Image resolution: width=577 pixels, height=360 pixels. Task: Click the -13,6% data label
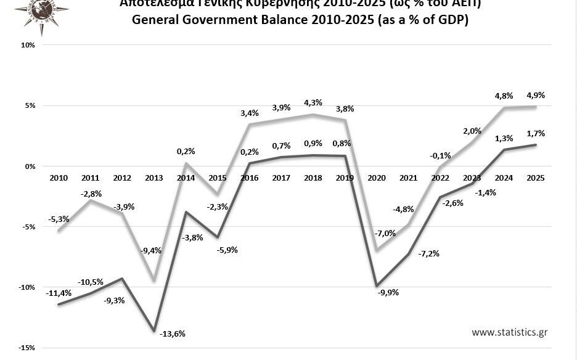(173, 333)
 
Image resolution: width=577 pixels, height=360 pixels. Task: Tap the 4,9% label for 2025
(534, 96)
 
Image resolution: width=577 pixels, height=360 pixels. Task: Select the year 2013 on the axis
(154, 178)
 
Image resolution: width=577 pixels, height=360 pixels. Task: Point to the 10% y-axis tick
(28, 46)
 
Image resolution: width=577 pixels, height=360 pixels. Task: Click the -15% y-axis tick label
(27, 348)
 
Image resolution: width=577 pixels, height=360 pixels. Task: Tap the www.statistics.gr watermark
(509, 332)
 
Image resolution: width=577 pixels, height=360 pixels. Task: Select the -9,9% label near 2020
(388, 292)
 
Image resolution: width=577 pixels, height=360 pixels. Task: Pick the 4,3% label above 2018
(313, 102)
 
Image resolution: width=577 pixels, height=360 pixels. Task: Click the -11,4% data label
(59, 293)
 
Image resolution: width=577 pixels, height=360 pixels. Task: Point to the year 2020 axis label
(376, 178)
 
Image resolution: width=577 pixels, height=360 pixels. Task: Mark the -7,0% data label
(386, 233)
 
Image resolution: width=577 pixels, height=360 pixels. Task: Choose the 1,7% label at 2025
(534, 133)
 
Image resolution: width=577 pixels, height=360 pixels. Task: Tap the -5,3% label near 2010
(59, 219)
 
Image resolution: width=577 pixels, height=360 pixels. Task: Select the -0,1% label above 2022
(440, 155)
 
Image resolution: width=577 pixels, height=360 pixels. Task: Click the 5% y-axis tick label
(30, 106)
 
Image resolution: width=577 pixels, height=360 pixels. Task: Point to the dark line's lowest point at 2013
(154, 331)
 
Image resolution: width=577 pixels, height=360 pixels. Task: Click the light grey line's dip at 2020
(376, 251)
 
